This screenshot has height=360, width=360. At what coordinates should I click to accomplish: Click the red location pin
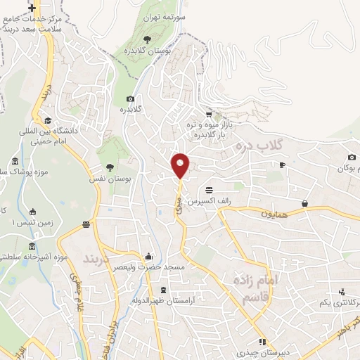(181, 165)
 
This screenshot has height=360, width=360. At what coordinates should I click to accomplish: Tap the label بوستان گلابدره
(148, 51)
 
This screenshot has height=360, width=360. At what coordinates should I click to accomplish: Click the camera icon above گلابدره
(131, 99)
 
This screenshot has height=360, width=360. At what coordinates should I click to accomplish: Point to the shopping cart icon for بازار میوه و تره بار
(208, 115)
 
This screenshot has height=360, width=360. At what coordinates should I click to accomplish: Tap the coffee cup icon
(282, 165)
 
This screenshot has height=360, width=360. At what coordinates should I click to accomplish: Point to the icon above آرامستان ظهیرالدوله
(164, 290)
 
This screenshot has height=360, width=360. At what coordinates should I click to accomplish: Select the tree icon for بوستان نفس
(110, 167)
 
